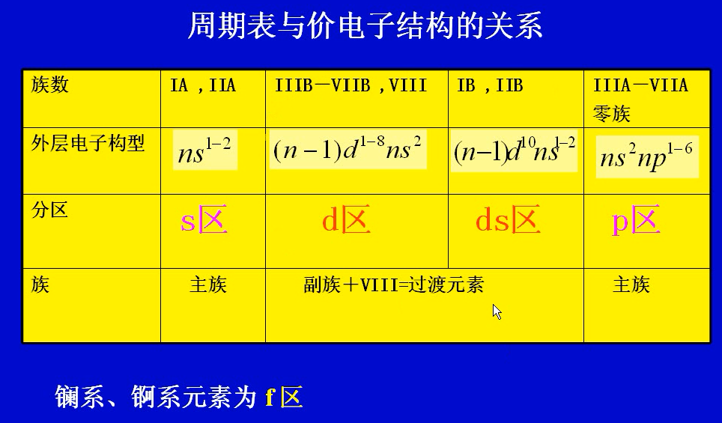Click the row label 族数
pyautogui.click(x=49, y=85)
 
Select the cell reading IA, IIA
pyautogui.click(x=203, y=85)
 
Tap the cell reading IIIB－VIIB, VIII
pyautogui.click(x=351, y=85)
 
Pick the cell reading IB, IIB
pyautogui.click(x=490, y=85)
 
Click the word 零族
pyautogui.click(x=611, y=113)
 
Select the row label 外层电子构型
pyautogui.click(x=88, y=143)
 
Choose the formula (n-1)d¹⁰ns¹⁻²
pyautogui.click(x=515, y=150)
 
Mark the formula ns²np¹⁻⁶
pyautogui.click(x=646, y=156)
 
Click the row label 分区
pyautogui.click(x=49, y=210)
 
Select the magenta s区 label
pyautogui.click(x=204, y=222)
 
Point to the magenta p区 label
pyautogui.click(x=636, y=222)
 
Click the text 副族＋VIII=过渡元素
pyautogui.click(x=393, y=284)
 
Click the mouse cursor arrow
pyautogui.click(x=497, y=311)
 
